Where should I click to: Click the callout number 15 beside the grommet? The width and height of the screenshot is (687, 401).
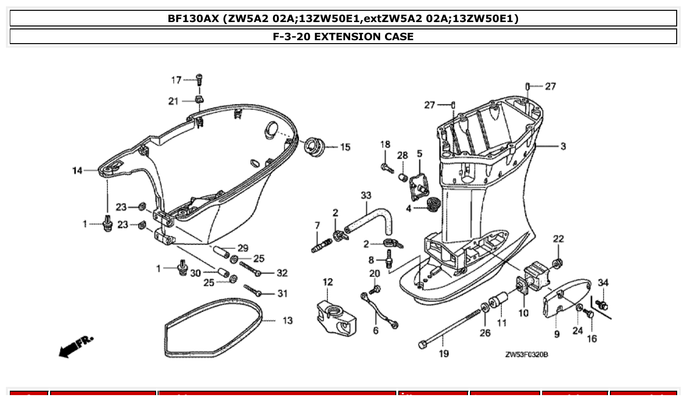pyautogui.click(x=345, y=147)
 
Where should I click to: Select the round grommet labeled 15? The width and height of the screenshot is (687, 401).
pyautogui.click(x=314, y=145)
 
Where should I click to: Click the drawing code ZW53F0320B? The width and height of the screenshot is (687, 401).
pyautogui.click(x=526, y=354)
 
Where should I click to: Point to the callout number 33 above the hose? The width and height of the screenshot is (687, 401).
pyautogui.click(x=366, y=195)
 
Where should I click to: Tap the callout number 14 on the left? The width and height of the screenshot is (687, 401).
pyautogui.click(x=77, y=171)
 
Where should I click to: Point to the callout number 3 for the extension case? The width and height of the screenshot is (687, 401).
pyautogui.click(x=563, y=146)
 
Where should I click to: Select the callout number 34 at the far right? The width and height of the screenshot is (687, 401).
pyautogui.click(x=604, y=283)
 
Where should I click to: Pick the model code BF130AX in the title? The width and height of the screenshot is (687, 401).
pyautogui.click(x=193, y=19)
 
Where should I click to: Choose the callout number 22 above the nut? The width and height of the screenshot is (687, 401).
pyautogui.click(x=558, y=239)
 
